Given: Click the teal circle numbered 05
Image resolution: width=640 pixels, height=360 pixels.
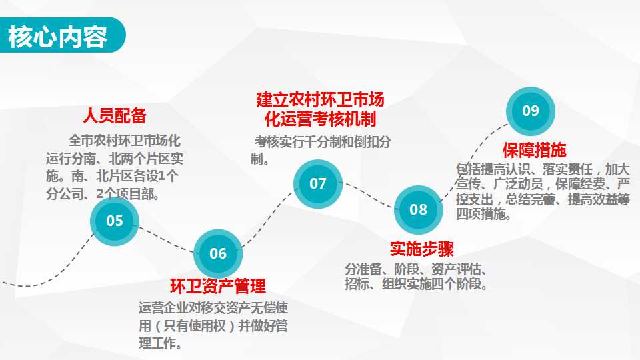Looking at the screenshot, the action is [x=114, y=221].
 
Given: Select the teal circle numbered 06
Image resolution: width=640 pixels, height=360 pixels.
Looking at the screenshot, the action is [x=218, y=253].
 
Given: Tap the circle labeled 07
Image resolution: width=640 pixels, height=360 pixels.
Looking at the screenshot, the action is [x=318, y=184].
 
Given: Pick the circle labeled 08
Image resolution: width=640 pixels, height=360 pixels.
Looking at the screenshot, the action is [x=419, y=210].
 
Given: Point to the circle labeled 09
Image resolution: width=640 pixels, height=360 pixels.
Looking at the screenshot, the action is [x=531, y=111].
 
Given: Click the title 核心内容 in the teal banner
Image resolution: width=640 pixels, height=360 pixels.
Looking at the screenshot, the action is [x=57, y=36].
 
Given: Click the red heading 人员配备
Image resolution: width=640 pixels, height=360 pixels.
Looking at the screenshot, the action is [x=114, y=115].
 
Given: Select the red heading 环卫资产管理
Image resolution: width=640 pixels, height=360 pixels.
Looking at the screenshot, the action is [x=218, y=286].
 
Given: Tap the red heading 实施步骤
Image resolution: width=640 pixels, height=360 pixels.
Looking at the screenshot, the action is [x=421, y=249].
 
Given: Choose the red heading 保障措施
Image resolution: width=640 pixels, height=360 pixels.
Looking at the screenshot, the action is [x=534, y=150].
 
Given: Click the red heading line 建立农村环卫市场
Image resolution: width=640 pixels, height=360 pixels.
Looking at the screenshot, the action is [x=321, y=99].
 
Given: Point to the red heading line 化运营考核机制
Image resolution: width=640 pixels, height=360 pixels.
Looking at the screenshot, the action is [x=321, y=119].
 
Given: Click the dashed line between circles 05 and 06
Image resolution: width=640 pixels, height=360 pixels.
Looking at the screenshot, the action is [x=166, y=240].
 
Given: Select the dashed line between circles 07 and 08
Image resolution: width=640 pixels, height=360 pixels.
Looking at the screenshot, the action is [x=368, y=195].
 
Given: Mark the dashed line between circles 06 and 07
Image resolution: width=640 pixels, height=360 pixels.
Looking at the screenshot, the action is [x=267, y=219].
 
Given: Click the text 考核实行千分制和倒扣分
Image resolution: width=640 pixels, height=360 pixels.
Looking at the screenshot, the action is [x=323, y=141].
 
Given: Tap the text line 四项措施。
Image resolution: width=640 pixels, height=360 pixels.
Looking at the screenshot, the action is [x=483, y=214].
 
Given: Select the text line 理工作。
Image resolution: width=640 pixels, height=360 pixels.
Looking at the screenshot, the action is [x=161, y=343].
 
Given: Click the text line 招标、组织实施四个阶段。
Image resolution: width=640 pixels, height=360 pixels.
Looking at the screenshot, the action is [x=416, y=284].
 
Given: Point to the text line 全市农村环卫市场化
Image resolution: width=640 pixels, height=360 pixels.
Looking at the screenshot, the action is [x=125, y=141].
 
